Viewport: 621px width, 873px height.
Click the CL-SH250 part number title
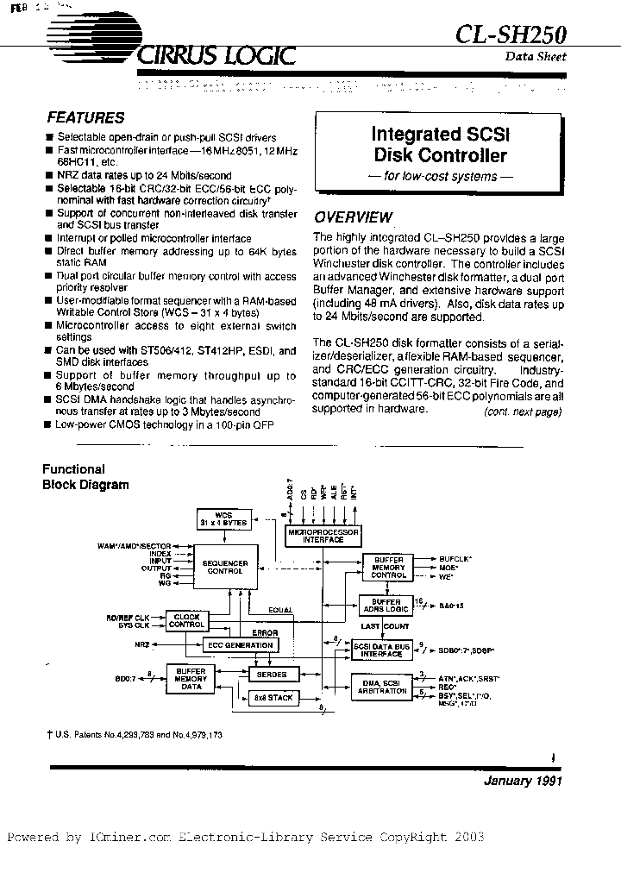pos(511,34)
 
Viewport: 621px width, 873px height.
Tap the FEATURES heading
pos(85,118)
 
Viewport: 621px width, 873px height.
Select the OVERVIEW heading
pos(353,217)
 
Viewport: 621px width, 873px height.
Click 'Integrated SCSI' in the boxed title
pos(440,135)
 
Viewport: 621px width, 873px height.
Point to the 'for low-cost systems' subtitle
pos(440,177)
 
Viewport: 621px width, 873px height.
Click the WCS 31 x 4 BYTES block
pos(223,520)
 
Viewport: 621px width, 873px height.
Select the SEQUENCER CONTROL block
pos(225,566)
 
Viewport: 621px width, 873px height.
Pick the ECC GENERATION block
pos(239,644)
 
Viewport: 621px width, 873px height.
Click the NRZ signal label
pos(141,644)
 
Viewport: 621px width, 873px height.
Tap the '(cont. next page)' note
pos(524,412)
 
